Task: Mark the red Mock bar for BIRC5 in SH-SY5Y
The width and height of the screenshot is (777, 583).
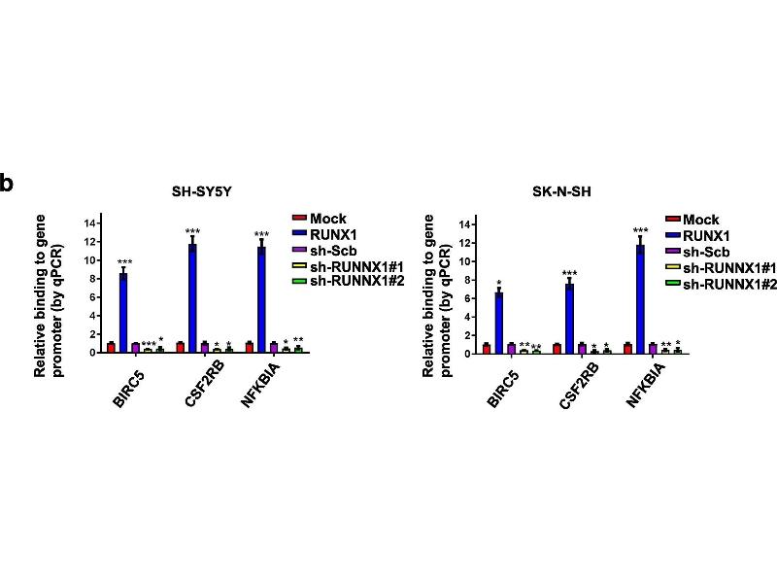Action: point(111,347)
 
